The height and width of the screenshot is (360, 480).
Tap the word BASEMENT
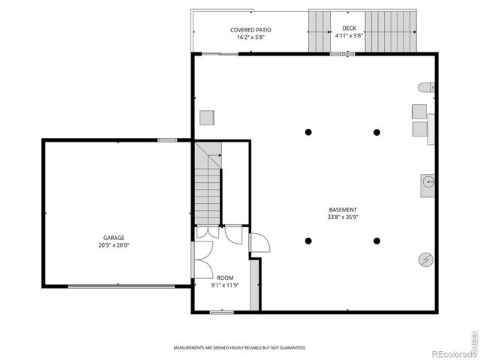[343, 210]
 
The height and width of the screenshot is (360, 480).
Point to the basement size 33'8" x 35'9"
[343, 217]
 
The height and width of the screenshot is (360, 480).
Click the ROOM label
[225, 277]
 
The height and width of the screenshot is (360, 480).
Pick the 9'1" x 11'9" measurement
[225, 285]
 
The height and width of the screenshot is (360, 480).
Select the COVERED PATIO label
[250, 30]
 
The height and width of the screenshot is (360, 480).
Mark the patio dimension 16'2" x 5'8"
[250, 37]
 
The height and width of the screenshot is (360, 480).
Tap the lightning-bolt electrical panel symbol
[425, 259]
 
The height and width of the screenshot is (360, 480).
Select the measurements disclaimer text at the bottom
[240, 348]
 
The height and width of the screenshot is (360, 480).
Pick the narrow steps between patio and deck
[319, 31]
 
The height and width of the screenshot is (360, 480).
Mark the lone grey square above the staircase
[207, 118]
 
